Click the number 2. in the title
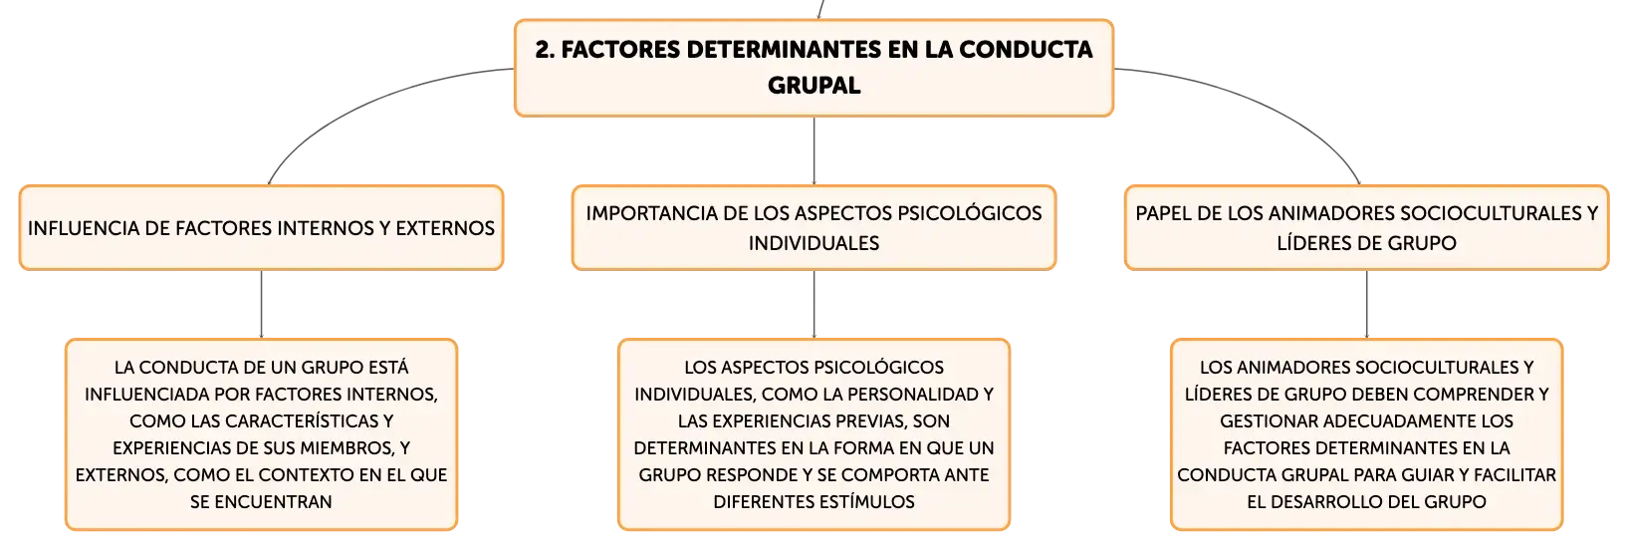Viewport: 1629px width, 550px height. point(546,50)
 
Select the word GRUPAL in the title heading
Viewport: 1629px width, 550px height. point(814,85)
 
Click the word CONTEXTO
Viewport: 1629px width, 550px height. point(306,475)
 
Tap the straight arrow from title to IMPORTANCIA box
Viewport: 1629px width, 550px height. point(814,150)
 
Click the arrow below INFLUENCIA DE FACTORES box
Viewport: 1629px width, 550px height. point(261,304)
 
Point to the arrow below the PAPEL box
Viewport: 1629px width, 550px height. point(1366,304)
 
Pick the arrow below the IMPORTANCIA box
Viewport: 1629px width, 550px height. point(814,304)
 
